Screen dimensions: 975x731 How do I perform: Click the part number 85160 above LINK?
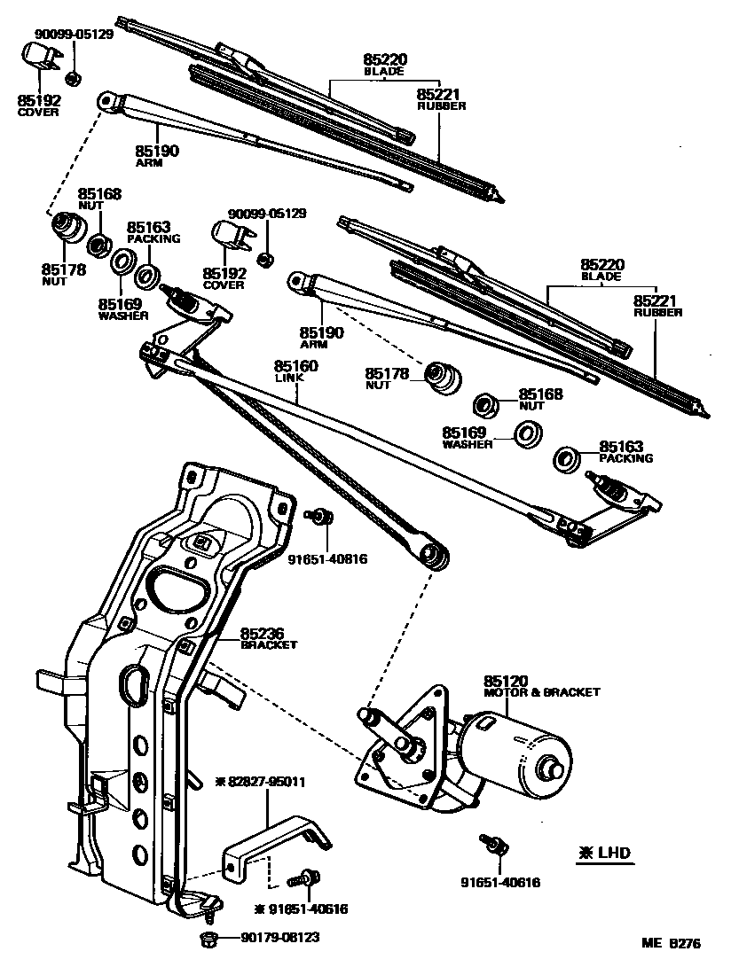click(296, 366)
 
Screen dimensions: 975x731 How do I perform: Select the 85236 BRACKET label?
click(263, 639)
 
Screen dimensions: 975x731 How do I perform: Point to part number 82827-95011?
click(266, 782)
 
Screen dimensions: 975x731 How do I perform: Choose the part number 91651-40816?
click(327, 559)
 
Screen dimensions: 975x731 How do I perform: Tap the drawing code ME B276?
click(672, 944)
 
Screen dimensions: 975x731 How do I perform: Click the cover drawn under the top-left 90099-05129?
click(38, 58)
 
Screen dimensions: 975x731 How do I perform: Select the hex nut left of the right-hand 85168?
click(485, 404)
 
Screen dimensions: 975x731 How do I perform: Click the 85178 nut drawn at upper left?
click(65, 227)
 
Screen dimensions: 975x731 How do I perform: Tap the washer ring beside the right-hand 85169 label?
click(529, 433)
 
